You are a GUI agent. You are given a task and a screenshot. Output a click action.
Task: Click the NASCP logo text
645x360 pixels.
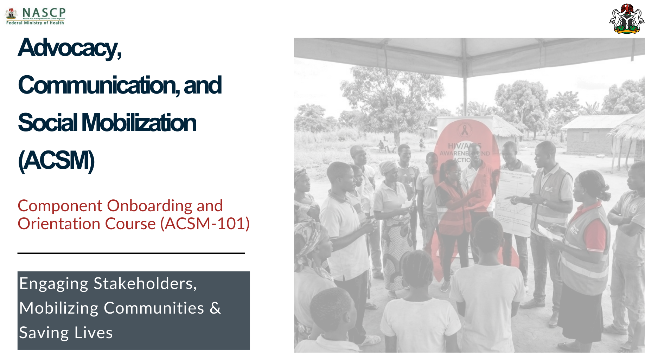tap(44, 13)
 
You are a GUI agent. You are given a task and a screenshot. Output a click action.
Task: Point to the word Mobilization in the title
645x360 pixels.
tap(139, 123)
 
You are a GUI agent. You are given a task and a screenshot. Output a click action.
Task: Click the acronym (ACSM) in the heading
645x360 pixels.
tap(56, 161)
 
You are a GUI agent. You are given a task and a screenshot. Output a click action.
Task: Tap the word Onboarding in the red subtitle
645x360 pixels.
tap(150, 206)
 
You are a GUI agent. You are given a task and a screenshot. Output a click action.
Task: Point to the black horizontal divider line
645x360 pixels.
tap(131, 253)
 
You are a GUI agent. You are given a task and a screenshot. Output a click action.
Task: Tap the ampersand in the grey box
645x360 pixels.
tap(215, 308)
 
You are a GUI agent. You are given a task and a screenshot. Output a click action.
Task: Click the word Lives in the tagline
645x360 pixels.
tap(94, 333)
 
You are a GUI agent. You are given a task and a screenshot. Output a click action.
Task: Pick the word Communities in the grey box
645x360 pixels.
tap(154, 308)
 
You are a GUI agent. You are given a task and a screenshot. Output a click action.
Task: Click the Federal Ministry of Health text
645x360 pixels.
tap(35, 23)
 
